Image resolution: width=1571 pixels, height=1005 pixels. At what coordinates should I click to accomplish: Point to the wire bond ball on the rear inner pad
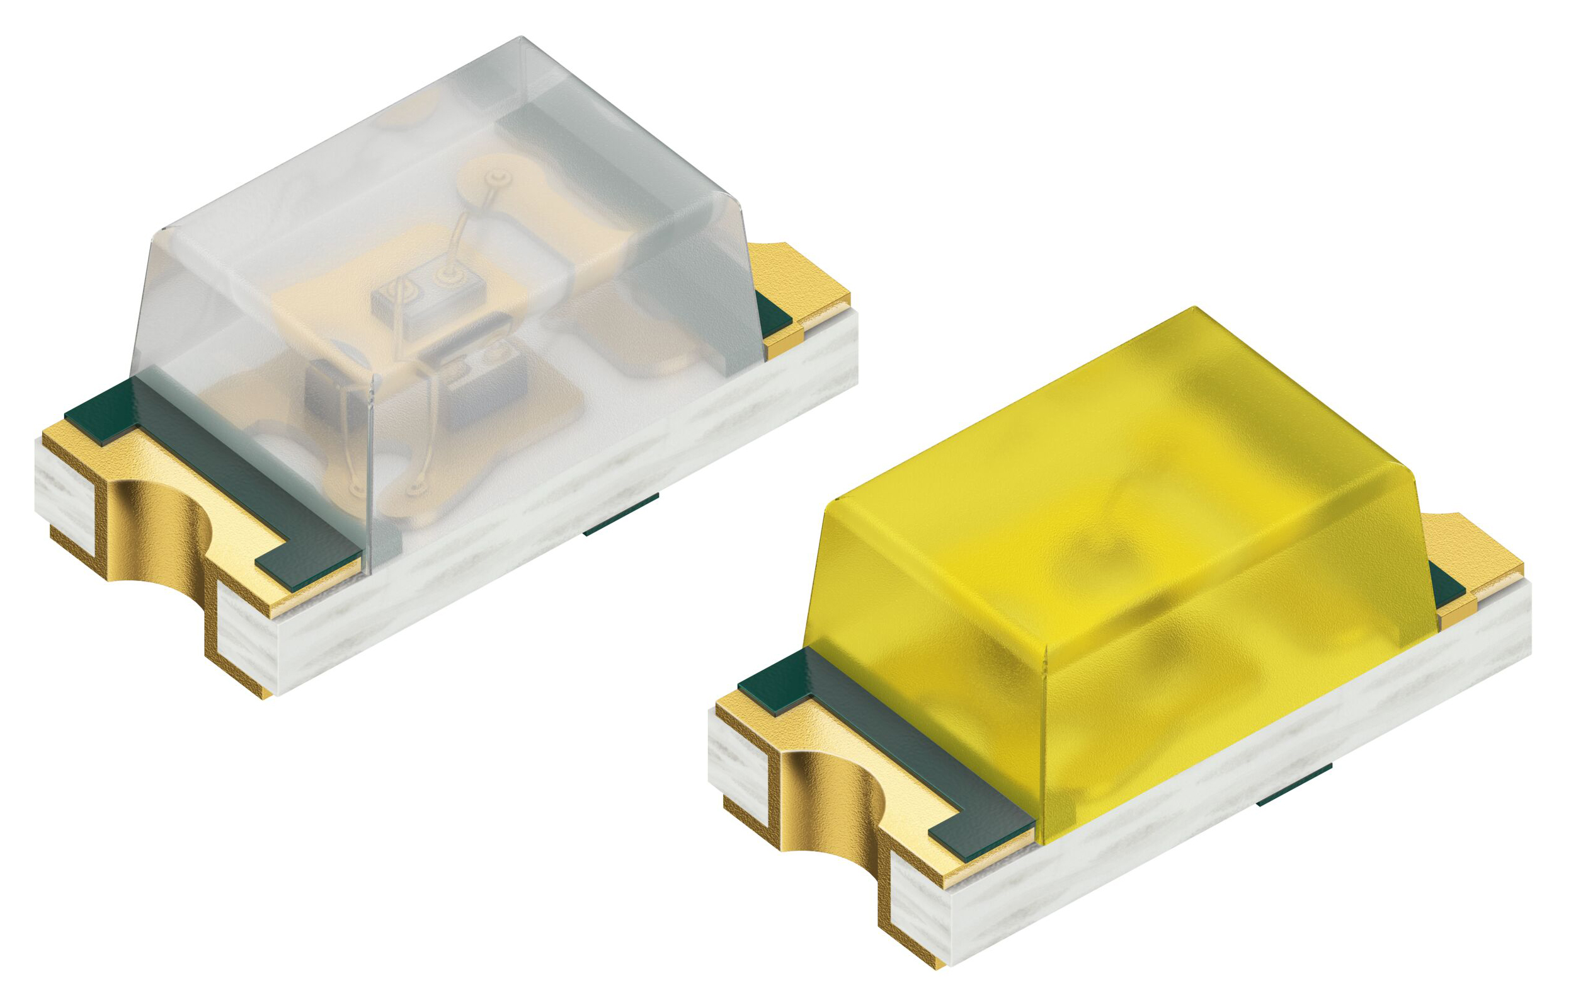tap(498, 178)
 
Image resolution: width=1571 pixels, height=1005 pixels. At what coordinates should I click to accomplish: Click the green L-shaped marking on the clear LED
tap(215, 457)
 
